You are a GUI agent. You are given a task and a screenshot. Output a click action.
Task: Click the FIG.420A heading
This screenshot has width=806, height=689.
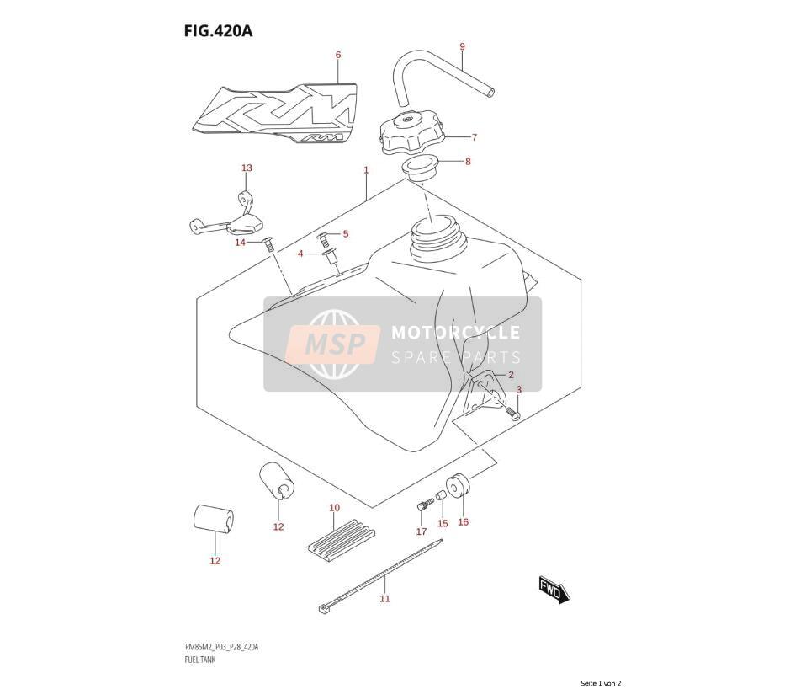pos(219,31)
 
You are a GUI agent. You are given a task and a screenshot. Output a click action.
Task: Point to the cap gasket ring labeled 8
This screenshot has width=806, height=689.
pos(419,168)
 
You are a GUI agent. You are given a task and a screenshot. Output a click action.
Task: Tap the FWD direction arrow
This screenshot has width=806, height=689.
pos(554,590)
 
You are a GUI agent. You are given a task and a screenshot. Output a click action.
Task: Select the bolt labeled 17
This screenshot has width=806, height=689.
pos(422,505)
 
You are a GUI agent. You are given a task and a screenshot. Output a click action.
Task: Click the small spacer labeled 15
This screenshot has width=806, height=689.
pos(441,495)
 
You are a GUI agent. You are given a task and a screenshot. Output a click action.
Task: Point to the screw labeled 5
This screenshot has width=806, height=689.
pos(323,238)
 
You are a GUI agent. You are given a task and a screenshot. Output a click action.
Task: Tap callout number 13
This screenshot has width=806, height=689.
pos(247,168)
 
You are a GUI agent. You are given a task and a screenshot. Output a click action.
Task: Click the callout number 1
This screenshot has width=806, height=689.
pos(366,170)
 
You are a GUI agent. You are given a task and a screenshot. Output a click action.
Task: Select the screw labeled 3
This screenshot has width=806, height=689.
pos(512,412)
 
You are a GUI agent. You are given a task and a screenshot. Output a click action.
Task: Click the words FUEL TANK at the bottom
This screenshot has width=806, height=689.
pos(200,660)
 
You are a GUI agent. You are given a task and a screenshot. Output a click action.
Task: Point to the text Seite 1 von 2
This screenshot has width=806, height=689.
pos(601,683)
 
